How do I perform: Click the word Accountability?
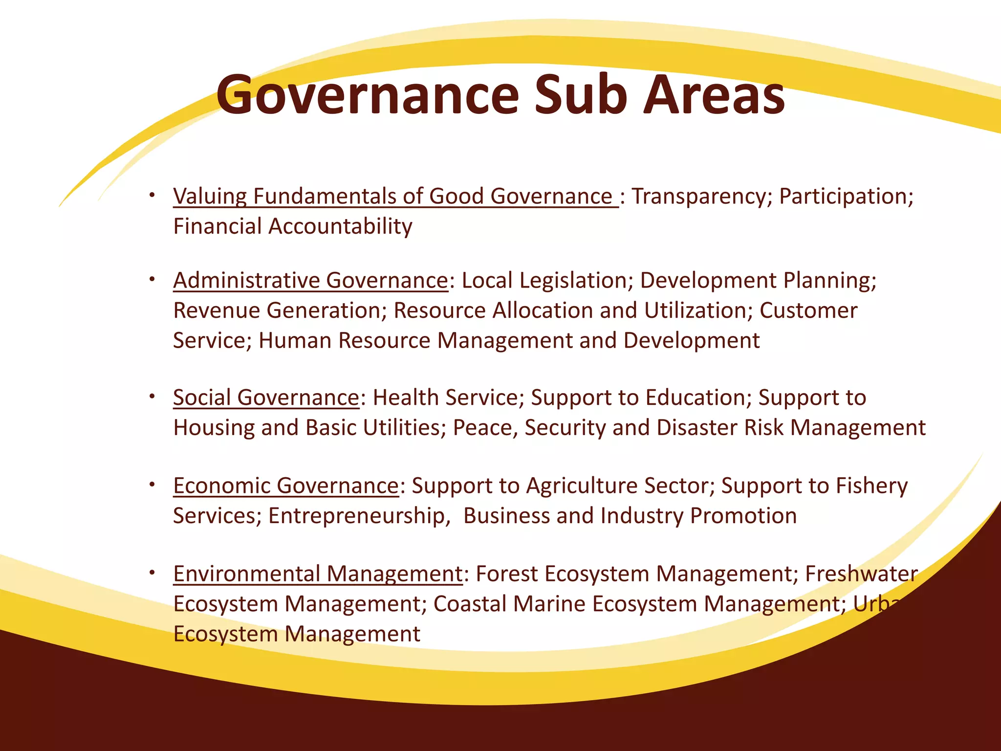(x=340, y=226)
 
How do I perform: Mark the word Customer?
(x=808, y=310)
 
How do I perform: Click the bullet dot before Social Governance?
(x=152, y=395)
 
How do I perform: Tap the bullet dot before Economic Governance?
(x=152, y=484)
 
